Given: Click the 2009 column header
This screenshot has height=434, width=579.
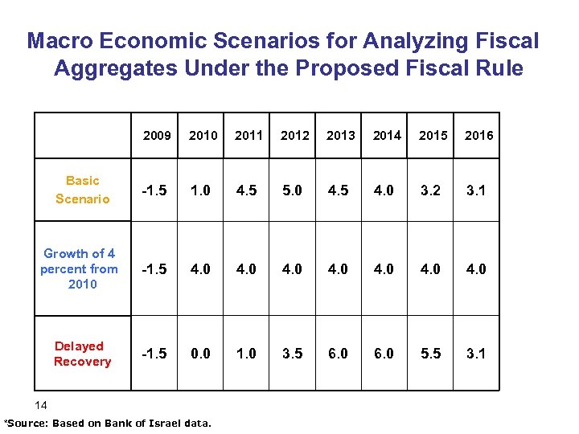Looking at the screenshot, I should [x=157, y=135].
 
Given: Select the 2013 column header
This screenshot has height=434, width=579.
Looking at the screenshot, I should [x=340, y=135].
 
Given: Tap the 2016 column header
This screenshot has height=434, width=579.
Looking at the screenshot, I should [x=478, y=135].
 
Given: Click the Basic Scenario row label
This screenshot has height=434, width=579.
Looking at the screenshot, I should [x=82, y=190].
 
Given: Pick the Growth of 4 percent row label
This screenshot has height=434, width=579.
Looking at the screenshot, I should [x=79, y=268].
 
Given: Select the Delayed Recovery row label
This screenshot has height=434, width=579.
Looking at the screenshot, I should [x=81, y=354].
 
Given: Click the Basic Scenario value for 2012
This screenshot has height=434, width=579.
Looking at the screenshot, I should [x=295, y=190].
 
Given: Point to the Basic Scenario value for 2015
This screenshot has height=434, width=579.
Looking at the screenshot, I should [x=432, y=190].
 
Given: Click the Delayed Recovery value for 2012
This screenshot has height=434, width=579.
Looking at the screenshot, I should [x=295, y=354].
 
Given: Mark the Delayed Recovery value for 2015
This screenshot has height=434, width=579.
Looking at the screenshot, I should [x=432, y=354].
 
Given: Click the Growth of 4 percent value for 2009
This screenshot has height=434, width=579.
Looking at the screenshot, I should [x=155, y=269].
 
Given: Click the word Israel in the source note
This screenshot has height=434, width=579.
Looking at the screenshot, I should [x=162, y=423].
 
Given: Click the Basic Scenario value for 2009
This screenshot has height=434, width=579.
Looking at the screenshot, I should [x=155, y=190].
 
